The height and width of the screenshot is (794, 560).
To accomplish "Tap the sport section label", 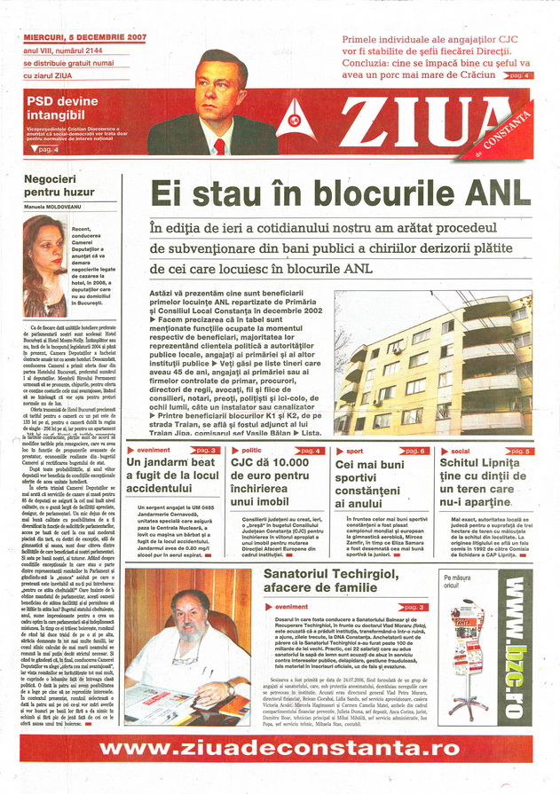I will (354, 452).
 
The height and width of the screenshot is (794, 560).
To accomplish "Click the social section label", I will (462, 451).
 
